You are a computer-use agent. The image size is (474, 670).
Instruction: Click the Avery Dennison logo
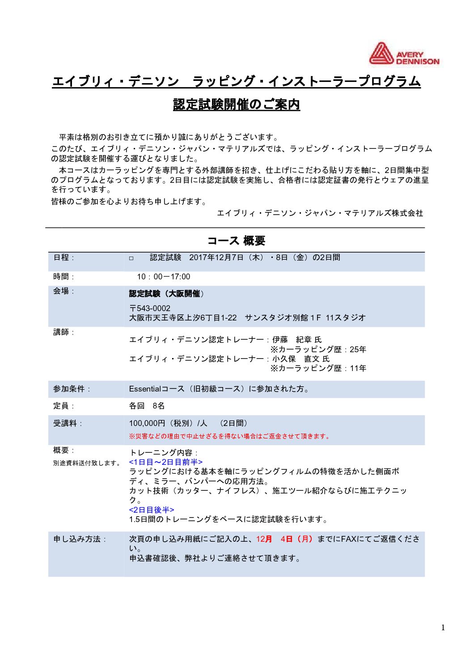(404, 54)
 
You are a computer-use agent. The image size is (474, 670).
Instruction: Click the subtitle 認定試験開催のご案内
(236, 104)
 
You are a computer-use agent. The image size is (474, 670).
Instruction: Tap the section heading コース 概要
(236, 241)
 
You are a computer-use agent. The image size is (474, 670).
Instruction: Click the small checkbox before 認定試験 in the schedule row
(131, 258)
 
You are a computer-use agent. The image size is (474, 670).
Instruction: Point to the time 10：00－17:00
(163, 277)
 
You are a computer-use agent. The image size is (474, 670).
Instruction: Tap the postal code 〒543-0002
(150, 308)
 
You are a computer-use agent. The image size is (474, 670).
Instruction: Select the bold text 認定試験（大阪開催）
(166, 294)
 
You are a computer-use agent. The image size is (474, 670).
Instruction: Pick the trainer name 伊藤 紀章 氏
(297, 340)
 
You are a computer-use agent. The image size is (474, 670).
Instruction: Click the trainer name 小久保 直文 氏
(300, 359)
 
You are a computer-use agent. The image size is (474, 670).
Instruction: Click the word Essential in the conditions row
(144, 389)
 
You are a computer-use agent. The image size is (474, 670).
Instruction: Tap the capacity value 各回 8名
(147, 406)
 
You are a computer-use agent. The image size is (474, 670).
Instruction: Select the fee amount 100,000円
(147, 423)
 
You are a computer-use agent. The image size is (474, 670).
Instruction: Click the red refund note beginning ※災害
(230, 436)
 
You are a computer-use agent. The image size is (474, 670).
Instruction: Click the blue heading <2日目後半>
(152, 510)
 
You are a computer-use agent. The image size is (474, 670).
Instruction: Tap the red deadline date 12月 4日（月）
(284, 539)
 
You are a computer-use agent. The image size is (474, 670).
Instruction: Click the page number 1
(443, 628)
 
